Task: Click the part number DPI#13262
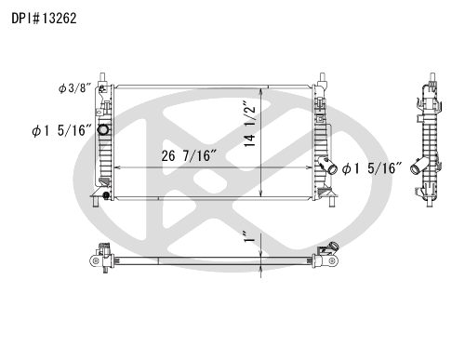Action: [44, 19]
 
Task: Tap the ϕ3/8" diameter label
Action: [74, 88]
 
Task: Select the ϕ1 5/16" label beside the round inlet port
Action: [62, 130]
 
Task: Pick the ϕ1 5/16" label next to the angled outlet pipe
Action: [371, 168]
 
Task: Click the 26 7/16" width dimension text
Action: [189, 155]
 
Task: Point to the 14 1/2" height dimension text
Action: [250, 124]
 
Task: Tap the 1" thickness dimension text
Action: [249, 236]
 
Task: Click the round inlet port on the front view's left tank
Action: [103, 129]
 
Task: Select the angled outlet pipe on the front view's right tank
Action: [328, 166]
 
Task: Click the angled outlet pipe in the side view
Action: [418, 166]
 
